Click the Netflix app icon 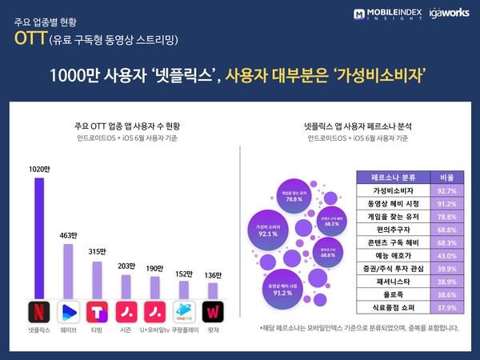(39, 310)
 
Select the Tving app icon (97, 310)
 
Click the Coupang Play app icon (184, 310)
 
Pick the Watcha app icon (212, 310)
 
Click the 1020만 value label (39, 169)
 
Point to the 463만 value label (68, 236)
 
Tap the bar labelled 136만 (213, 290)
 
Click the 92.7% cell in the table (444, 191)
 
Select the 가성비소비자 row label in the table (394, 191)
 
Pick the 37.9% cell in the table (444, 307)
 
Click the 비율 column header (444, 178)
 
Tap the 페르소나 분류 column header (394, 178)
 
